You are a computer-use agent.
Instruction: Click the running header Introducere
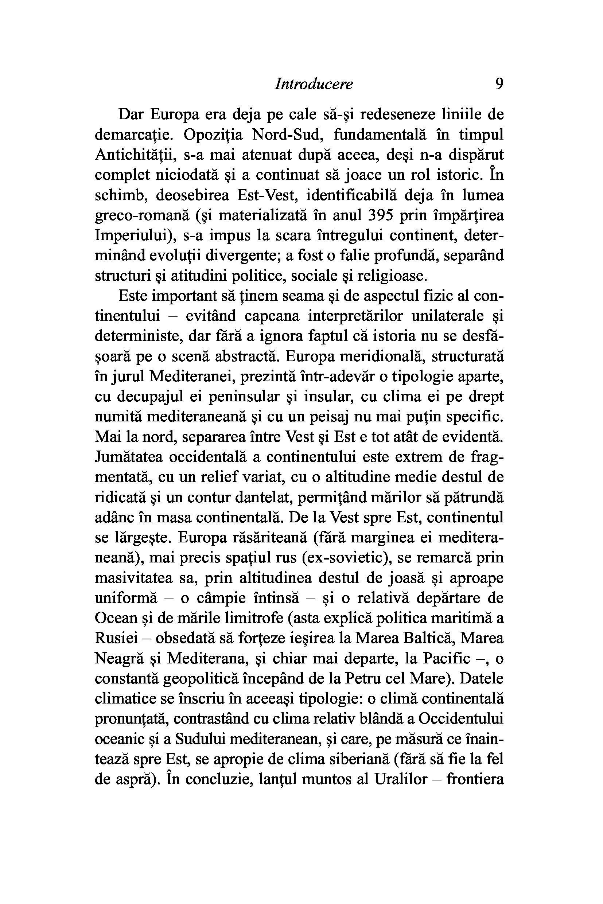(314, 84)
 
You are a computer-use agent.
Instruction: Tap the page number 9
(499, 84)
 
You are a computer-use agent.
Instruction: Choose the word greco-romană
(142, 216)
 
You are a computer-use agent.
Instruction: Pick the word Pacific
(447, 658)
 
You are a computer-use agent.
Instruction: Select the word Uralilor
(401, 779)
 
